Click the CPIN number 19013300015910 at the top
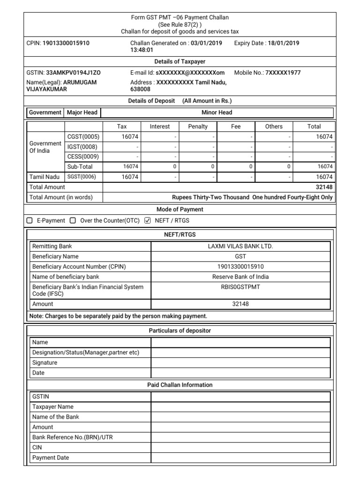pyautogui.click(x=66, y=43)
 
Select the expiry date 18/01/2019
pyautogui.click(x=283, y=43)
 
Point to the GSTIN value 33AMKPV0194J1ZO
pyautogui.click(x=73, y=73)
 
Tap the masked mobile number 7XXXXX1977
pyautogui.click(x=283, y=73)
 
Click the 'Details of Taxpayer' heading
pyautogui.click(x=180, y=61)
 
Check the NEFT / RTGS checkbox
pyautogui.click(x=148, y=220)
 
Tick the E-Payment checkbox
pyautogui.click(x=30, y=220)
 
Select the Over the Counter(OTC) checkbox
pyautogui.click(x=73, y=220)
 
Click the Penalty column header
pyautogui.click(x=197, y=127)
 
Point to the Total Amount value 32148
pyautogui.click(x=324, y=187)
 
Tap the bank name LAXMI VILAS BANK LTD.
pyautogui.click(x=240, y=246)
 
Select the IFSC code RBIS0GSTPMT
pyautogui.click(x=240, y=287)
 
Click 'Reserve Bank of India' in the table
pyautogui.click(x=240, y=277)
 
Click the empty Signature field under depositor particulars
pyautogui.click(x=240, y=363)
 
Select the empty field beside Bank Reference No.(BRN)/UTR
pyautogui.click(x=240, y=437)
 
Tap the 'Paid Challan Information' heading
pyautogui.click(x=180, y=385)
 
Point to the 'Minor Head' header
pyautogui.click(x=217, y=112)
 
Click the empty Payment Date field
pyautogui.click(x=240, y=458)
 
